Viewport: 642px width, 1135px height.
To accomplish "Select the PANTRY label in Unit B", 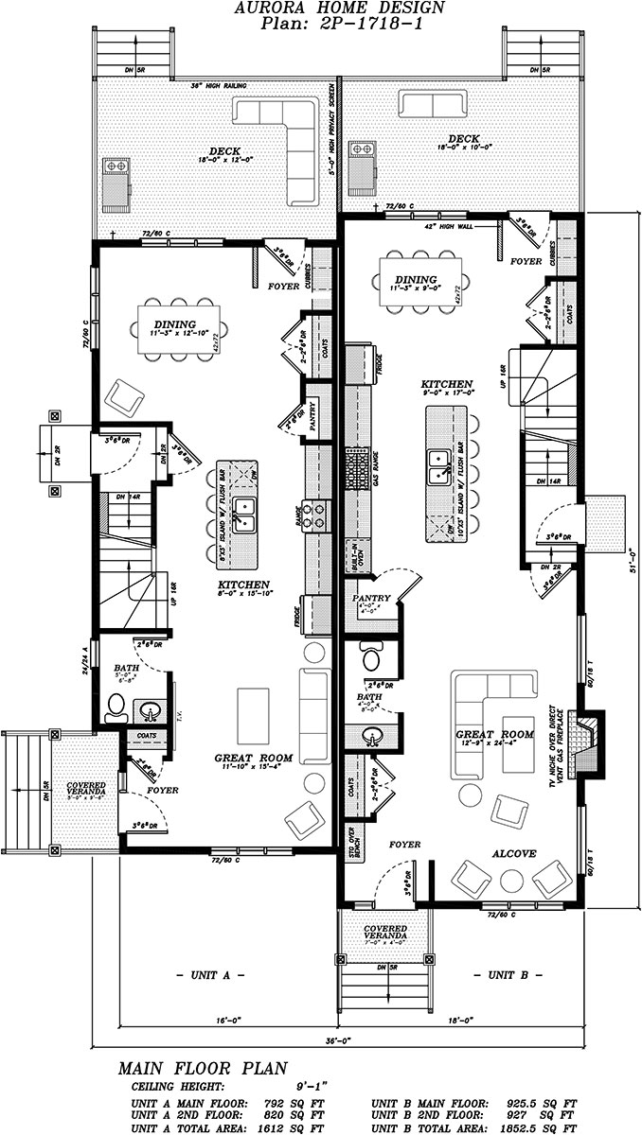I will (x=370, y=599).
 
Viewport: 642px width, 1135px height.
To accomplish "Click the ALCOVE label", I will (x=512, y=853).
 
